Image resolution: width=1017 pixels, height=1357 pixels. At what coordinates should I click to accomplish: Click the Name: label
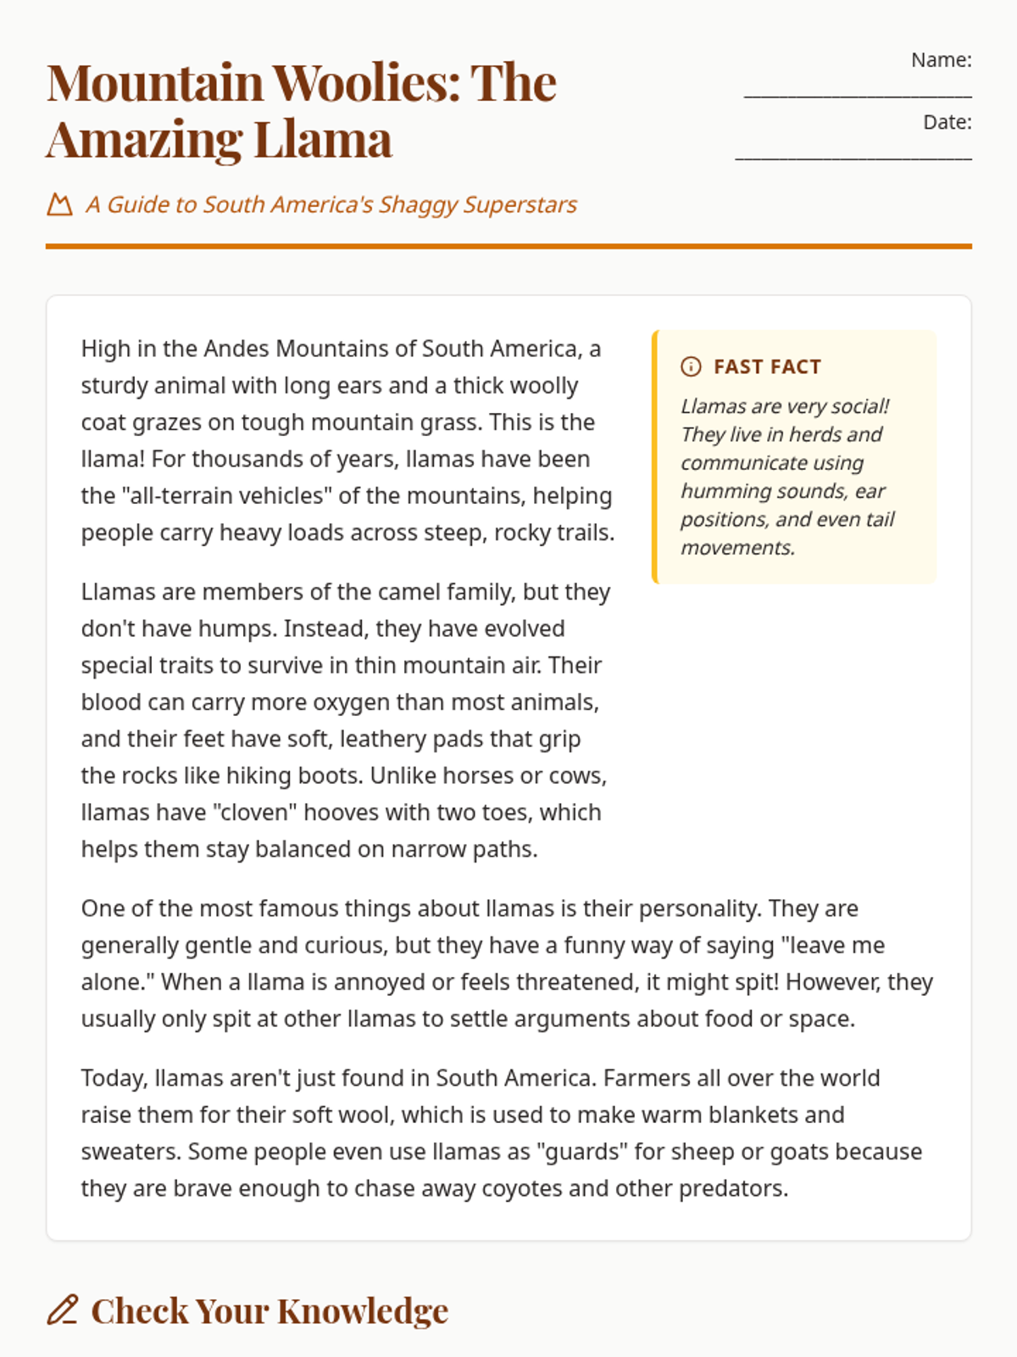click(x=941, y=60)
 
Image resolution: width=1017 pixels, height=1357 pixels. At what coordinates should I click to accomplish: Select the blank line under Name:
click(x=857, y=96)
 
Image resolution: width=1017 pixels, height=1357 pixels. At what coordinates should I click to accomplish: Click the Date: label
click(x=947, y=122)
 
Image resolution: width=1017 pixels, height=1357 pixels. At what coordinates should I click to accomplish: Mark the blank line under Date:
click(x=853, y=158)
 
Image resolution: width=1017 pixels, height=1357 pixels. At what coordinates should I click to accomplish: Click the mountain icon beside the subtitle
click(x=59, y=204)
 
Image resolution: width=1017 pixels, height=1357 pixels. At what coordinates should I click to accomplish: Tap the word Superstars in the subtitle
click(x=520, y=204)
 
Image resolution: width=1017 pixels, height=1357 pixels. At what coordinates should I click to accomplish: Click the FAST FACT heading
click(x=767, y=366)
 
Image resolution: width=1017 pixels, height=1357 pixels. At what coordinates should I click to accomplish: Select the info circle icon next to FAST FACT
click(x=691, y=366)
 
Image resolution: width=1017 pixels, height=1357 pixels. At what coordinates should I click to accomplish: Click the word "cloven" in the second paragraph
click(x=258, y=813)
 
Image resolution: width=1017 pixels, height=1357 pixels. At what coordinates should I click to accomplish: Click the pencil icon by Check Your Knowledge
click(x=63, y=1310)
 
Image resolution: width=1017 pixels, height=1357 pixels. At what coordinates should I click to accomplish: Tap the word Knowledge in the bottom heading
click(x=362, y=1311)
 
